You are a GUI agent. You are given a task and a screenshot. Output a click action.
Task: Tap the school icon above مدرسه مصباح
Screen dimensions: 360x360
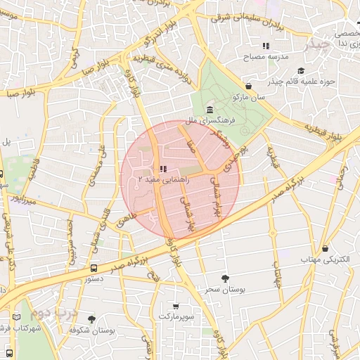pyautogui.click(x=266, y=46)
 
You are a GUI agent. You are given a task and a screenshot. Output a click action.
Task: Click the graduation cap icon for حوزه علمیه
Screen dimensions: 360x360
pyautogui.click(x=301, y=70)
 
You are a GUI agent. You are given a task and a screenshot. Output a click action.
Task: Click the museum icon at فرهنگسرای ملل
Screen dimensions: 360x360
pyautogui.click(x=210, y=109)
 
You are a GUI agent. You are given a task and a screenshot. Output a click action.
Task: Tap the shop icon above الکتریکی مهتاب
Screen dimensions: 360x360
pyautogui.click(x=325, y=248)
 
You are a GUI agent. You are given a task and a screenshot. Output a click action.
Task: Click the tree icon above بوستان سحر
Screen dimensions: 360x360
pyautogui.click(x=224, y=278)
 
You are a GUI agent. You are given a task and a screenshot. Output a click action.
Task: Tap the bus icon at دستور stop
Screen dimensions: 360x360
pyautogui.click(x=94, y=268)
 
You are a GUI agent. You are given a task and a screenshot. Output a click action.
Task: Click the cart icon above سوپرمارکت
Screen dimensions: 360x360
pyautogui.click(x=175, y=306)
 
